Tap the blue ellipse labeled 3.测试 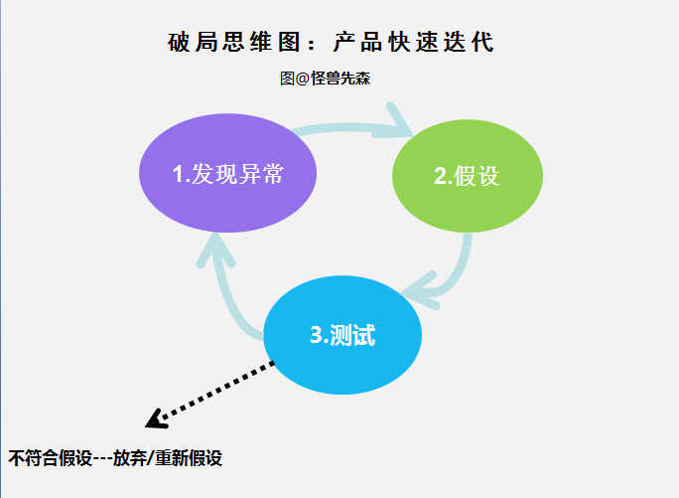[x=342, y=335]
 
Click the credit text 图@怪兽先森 [x=326, y=79]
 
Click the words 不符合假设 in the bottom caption [x=50, y=458]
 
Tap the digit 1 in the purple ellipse [x=178, y=174]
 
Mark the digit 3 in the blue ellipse [x=316, y=336]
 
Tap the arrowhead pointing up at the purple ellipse [x=215, y=248]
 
